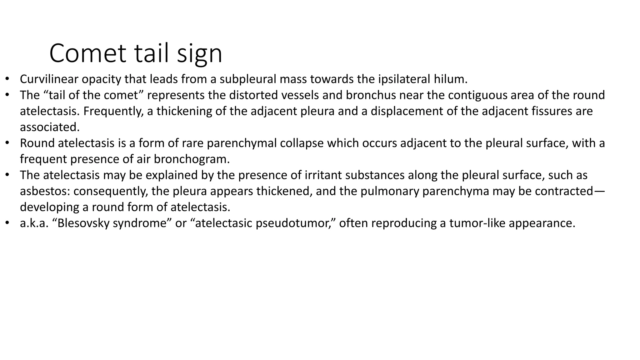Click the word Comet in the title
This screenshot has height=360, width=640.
(88, 53)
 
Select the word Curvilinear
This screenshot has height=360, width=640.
(49, 79)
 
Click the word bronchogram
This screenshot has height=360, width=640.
(192, 159)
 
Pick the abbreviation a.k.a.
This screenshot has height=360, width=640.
(34, 223)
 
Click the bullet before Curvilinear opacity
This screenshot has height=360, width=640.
(7, 79)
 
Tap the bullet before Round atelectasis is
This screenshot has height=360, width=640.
(7, 143)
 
